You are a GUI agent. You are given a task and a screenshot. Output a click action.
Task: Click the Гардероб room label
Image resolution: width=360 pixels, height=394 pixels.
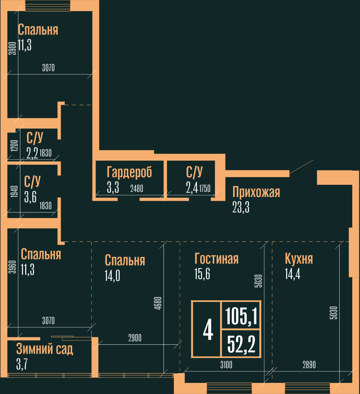pos(129,173)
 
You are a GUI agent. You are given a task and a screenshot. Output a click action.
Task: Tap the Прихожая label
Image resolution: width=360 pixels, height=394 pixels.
pos(256,192)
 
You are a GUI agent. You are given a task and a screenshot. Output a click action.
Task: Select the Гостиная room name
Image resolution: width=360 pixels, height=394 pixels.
pos(216,258)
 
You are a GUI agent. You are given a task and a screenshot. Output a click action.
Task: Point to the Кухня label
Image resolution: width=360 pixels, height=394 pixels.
pos(299,258)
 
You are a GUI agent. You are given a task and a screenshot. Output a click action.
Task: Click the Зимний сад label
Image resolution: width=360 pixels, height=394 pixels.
pos(45,349)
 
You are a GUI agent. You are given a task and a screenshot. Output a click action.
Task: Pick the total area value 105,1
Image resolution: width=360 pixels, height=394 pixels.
pos(241,316)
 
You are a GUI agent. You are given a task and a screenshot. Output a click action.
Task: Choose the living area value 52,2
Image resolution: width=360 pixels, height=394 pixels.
pos(241,344)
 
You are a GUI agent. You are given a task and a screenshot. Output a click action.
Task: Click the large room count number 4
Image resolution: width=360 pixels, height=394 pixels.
pos(208,330)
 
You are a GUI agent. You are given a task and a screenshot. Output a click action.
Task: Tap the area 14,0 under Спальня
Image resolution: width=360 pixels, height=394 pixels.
pos(112,276)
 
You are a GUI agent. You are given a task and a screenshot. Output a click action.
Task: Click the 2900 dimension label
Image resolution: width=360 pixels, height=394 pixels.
pos(135,338)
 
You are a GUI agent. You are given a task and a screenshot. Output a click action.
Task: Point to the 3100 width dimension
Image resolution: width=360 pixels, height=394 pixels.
pos(226,365)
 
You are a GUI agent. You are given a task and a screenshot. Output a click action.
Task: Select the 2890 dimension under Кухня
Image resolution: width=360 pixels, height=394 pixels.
pos(309,365)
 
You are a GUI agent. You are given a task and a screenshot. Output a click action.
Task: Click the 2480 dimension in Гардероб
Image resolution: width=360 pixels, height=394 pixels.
pos(137,188)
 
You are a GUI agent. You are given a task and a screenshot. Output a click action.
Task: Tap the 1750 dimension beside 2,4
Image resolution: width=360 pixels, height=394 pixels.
pos(205,188)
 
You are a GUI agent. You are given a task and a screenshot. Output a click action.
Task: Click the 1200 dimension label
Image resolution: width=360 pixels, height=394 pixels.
pos(14,146)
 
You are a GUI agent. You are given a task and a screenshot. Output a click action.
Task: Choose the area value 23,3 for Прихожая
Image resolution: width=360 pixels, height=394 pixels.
pos(241,207)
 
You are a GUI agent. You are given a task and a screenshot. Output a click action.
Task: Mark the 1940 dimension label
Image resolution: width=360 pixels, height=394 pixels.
pos(14,191)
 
